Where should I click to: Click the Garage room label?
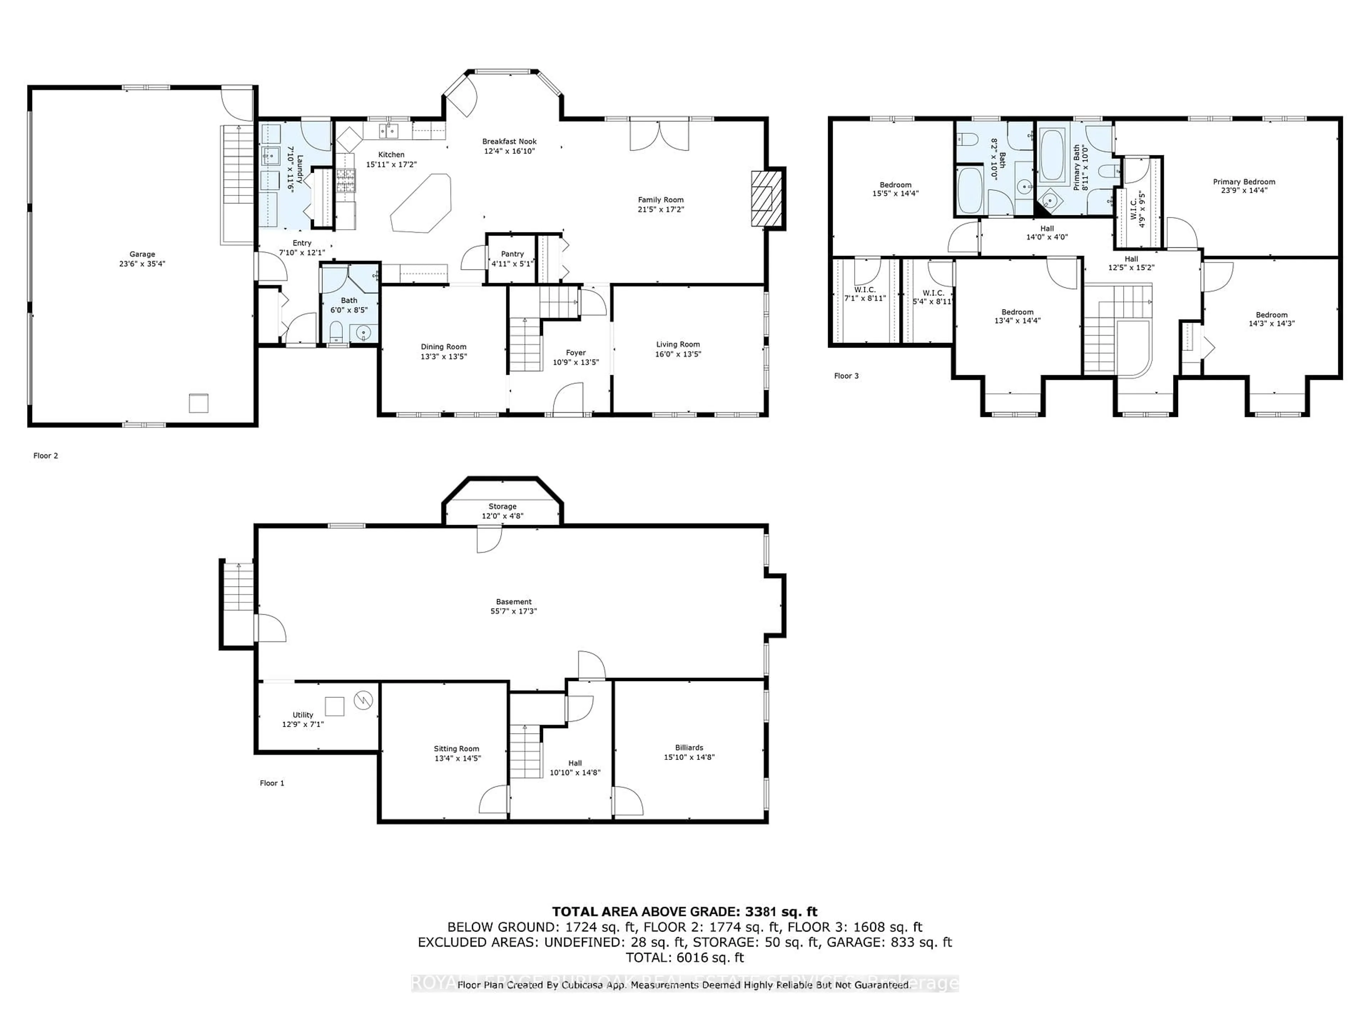click(x=142, y=254)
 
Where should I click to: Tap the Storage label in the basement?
click(x=502, y=506)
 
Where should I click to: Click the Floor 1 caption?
click(x=272, y=783)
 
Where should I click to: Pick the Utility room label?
click(x=303, y=715)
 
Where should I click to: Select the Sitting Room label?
click(x=456, y=749)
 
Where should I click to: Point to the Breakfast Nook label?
click(x=509, y=141)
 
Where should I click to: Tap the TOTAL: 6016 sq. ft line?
click(x=684, y=957)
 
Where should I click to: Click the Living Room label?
click(x=678, y=344)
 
